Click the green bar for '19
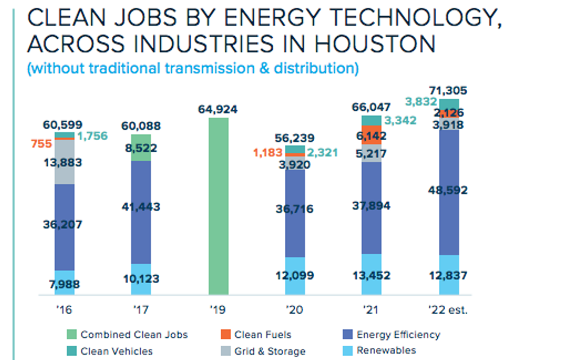pyautogui.click(x=218, y=207)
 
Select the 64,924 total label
pyautogui.click(x=218, y=109)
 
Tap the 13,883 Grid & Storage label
pyautogui.click(x=63, y=162)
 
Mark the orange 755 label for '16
pyautogui.click(x=41, y=145)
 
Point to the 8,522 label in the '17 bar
pyautogui.click(x=141, y=148)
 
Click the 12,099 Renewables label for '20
pyautogui.click(x=295, y=276)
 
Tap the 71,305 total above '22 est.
pyautogui.click(x=448, y=90)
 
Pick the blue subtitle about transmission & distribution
pyautogui.click(x=194, y=68)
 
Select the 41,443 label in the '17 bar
pyautogui.click(x=141, y=207)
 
